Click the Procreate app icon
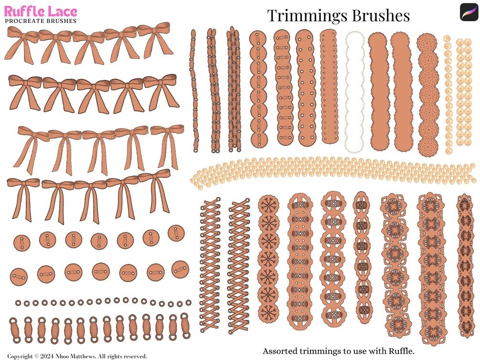click(468, 12)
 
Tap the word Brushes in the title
click(381, 15)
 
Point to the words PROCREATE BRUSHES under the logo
click(41, 21)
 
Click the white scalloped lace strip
click(354, 91)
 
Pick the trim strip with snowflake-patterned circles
click(268, 258)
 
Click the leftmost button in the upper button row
click(21, 241)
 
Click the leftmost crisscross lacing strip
click(210, 265)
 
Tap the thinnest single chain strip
click(194, 91)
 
